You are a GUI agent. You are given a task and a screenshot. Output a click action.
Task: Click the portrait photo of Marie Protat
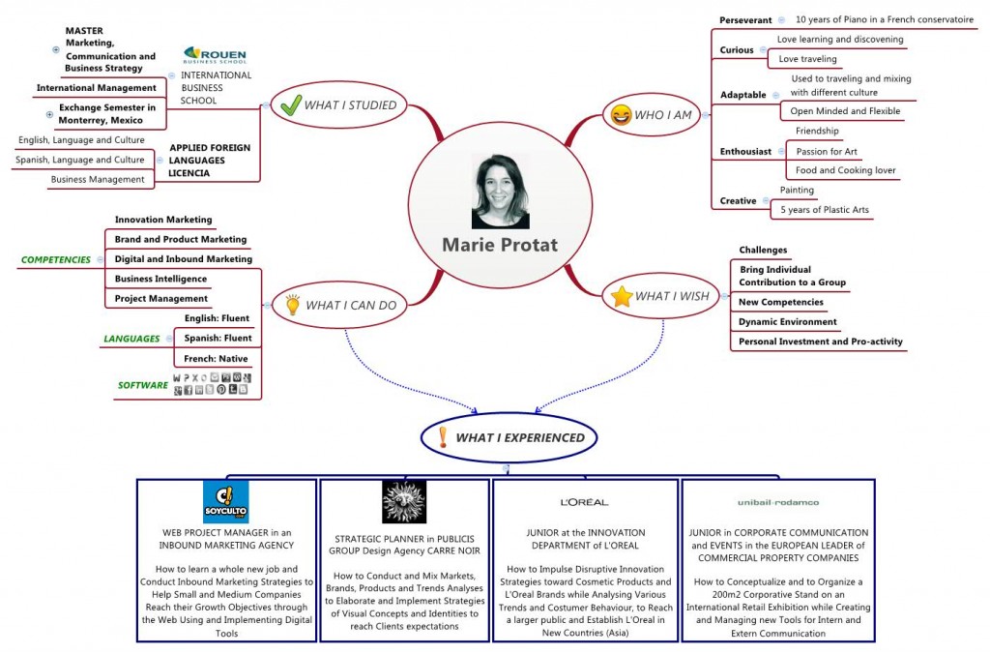click(500, 191)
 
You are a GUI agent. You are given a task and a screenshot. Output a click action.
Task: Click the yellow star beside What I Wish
click(621, 297)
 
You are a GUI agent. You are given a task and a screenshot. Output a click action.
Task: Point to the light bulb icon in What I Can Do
click(291, 306)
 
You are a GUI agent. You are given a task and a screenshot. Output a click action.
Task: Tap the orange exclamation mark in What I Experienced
click(443, 437)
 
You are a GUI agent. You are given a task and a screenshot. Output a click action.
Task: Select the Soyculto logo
click(225, 501)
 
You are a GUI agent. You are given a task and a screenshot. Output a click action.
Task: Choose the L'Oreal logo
click(584, 502)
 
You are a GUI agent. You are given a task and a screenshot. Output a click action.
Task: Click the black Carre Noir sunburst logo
click(403, 501)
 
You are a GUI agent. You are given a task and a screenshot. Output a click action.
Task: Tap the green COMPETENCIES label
click(56, 259)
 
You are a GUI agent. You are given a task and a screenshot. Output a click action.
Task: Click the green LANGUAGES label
click(131, 339)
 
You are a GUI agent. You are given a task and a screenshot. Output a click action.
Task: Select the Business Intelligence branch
click(160, 279)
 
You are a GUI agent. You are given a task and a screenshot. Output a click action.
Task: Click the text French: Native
click(216, 359)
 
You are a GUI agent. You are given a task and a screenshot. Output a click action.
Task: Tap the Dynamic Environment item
click(787, 322)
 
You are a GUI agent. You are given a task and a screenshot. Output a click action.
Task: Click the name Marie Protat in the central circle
click(500, 245)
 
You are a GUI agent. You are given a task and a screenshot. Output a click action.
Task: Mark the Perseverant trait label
click(745, 20)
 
